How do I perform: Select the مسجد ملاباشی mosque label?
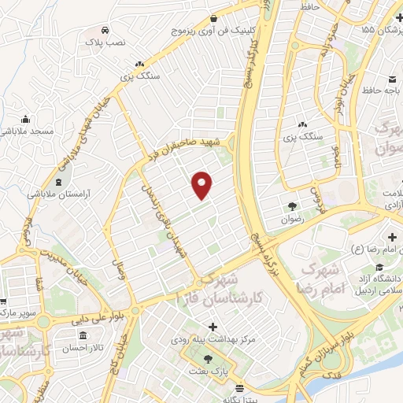[27, 131]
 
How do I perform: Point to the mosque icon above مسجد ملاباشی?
[26, 119]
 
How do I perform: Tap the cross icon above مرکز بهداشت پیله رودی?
[213, 326]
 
